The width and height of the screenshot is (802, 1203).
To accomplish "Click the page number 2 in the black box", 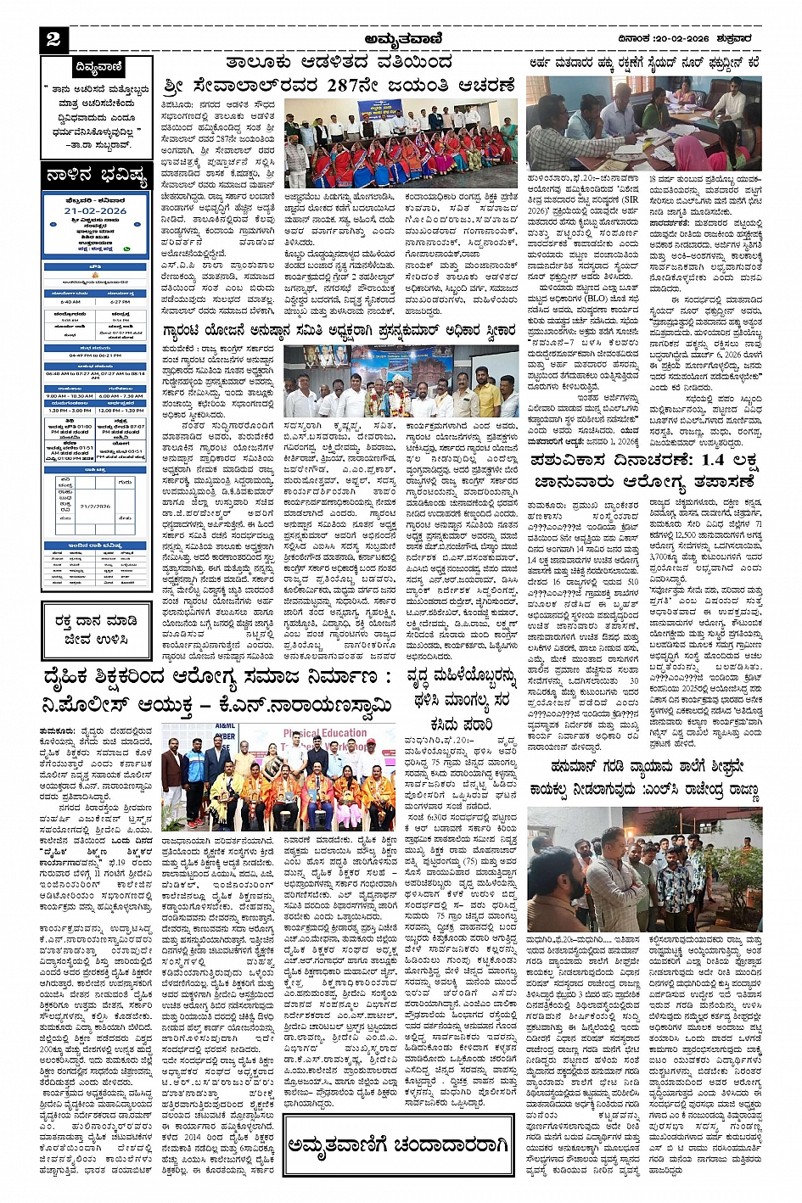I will coord(53,40).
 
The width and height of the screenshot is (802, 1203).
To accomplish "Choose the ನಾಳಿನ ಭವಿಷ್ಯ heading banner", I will coord(98,177).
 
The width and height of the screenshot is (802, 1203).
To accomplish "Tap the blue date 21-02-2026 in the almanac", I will coord(95,210).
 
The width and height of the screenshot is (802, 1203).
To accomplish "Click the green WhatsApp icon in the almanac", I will coord(127,249).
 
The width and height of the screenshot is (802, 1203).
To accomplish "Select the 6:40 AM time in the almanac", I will coord(70,301).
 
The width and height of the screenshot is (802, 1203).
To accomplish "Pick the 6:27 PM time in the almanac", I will coord(120,301).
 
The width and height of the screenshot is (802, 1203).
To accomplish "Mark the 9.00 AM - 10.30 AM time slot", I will coord(70,395).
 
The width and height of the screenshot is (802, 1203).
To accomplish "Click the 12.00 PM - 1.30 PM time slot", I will coord(121,411).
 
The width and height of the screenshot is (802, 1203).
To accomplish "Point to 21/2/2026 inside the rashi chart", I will coord(96,506).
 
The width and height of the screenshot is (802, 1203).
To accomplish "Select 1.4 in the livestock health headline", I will coord(684,462).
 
